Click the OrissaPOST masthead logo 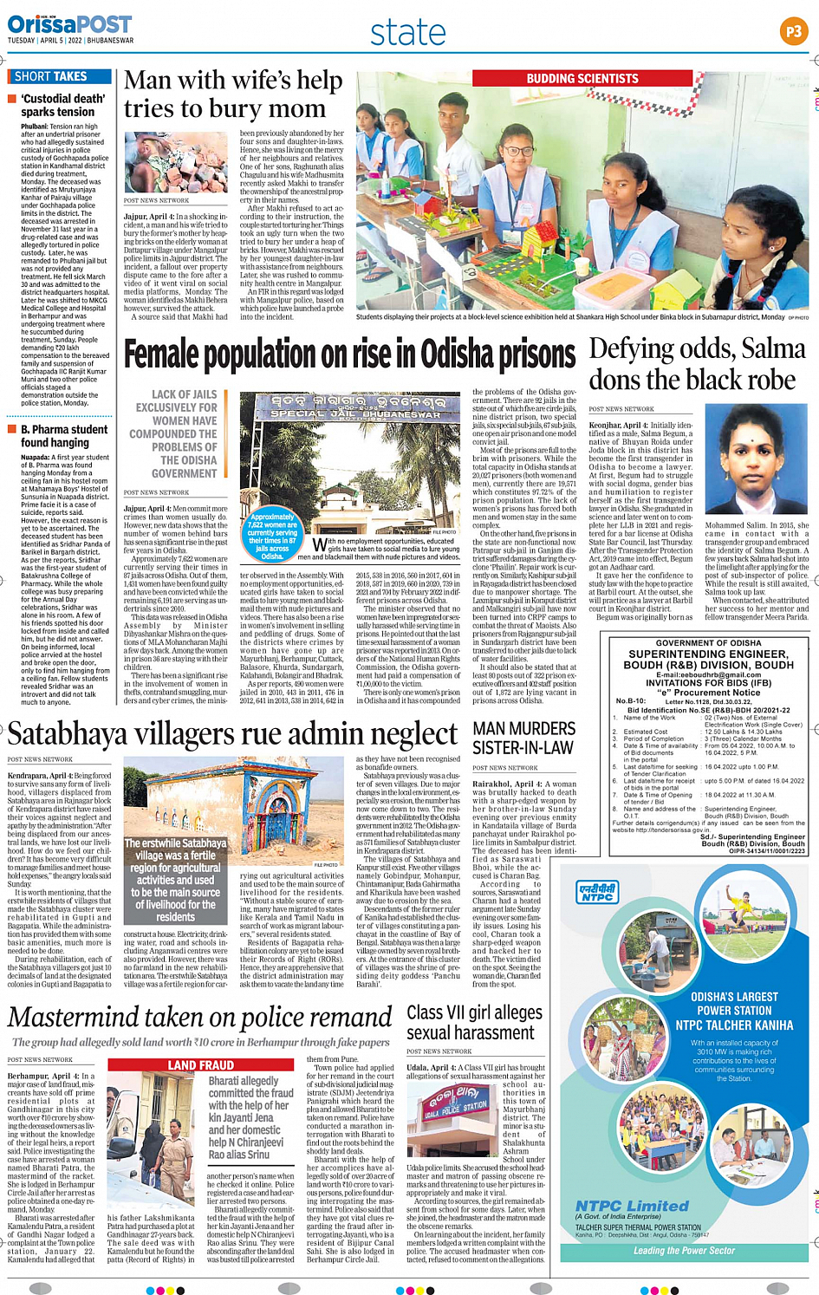pyautogui.click(x=69, y=26)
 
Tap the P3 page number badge pyautogui.click(x=792, y=32)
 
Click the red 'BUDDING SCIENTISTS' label pyautogui.click(x=582, y=79)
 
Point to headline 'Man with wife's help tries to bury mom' pyautogui.click(x=233, y=94)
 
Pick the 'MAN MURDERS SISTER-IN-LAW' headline pyautogui.click(x=523, y=738)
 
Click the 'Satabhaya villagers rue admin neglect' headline pyautogui.click(x=232, y=734)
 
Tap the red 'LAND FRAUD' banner pyautogui.click(x=200, y=1064)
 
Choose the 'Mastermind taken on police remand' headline pyautogui.click(x=200, y=1018)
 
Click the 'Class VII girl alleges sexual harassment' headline pyautogui.click(x=474, y=1023)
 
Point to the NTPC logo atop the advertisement pyautogui.click(x=598, y=893)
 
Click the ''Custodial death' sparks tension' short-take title pyautogui.click(x=62, y=105)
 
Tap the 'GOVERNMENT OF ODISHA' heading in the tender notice pyautogui.click(x=708, y=642)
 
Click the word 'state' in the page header pyautogui.click(x=407, y=33)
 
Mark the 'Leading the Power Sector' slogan pyautogui.click(x=684, y=1251)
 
